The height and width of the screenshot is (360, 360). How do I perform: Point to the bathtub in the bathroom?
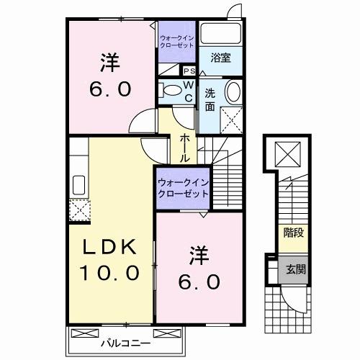point(220,34)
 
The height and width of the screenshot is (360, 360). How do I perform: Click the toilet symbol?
point(170,91)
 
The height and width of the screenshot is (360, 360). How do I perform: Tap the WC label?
point(187,91)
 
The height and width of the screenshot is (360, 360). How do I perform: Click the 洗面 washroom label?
point(210,99)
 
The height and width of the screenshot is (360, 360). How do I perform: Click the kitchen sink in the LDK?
point(78,185)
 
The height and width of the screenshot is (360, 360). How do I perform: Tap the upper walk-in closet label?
point(176,41)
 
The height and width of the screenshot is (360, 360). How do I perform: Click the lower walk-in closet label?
point(181,189)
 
